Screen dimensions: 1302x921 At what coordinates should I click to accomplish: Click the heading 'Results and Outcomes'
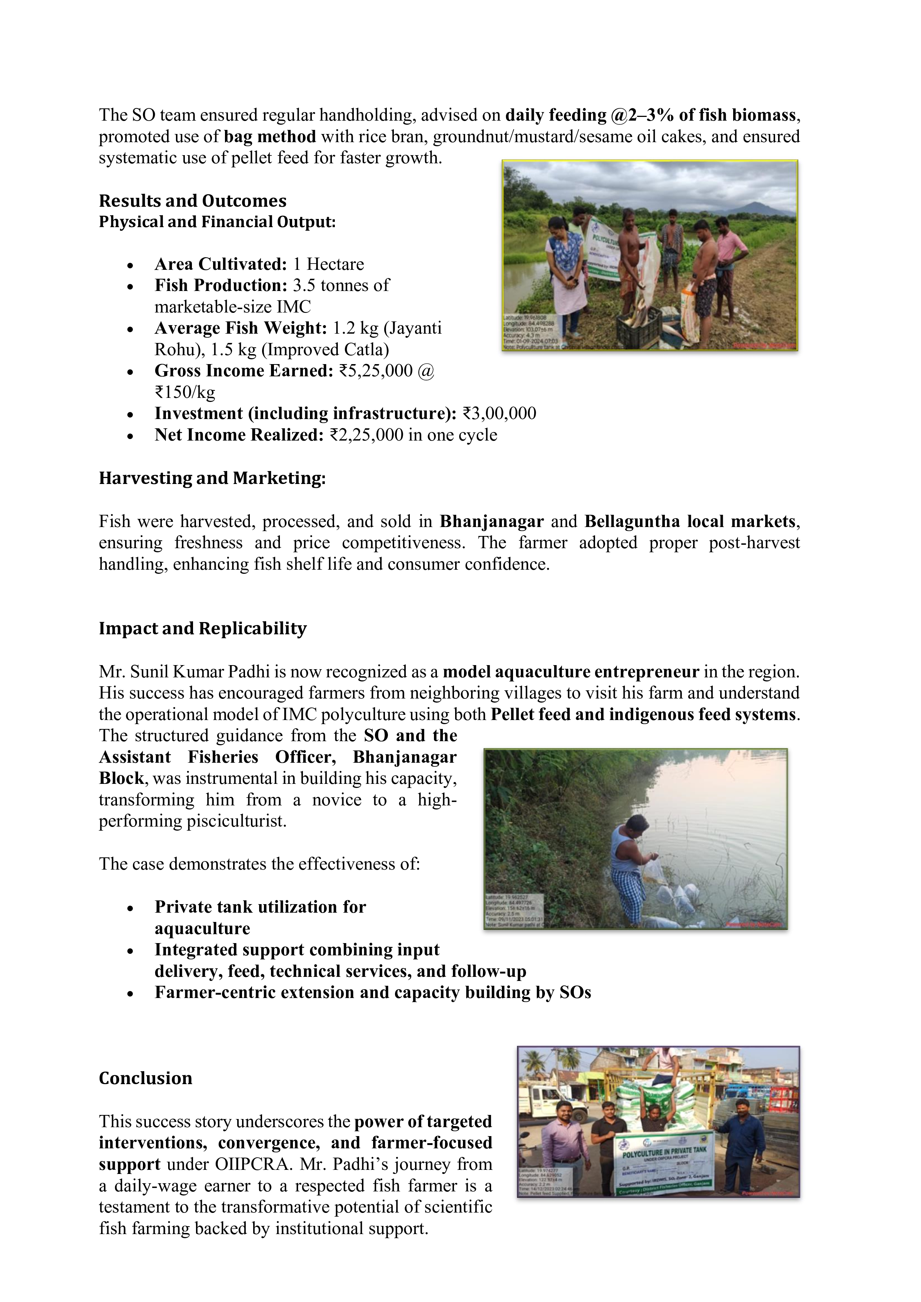click(x=192, y=201)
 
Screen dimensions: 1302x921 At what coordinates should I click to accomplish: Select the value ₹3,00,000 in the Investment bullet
click(x=499, y=413)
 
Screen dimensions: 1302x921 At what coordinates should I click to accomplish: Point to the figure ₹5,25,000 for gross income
click(x=375, y=371)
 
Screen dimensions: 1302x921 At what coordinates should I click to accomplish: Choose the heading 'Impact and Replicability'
click(x=202, y=628)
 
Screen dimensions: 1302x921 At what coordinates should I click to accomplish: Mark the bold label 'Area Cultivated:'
click(x=221, y=264)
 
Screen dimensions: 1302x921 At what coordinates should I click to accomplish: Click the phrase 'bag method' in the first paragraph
click(x=270, y=137)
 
